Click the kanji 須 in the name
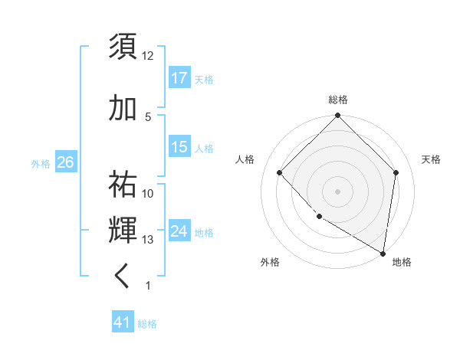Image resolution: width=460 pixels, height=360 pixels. click(x=123, y=47)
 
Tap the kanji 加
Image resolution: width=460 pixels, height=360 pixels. click(x=123, y=109)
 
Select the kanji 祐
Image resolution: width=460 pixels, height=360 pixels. click(x=123, y=185)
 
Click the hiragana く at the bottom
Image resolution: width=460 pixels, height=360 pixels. click(x=123, y=276)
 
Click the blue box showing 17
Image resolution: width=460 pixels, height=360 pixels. click(x=179, y=77)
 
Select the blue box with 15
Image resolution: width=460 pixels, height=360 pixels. click(x=179, y=146)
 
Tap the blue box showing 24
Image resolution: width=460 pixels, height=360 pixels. click(x=179, y=231)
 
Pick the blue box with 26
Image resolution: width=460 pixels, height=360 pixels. click(x=65, y=162)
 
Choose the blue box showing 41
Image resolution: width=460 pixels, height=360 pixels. click(x=123, y=322)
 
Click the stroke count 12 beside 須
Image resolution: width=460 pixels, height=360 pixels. click(x=148, y=56)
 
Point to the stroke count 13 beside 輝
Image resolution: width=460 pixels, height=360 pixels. click(x=148, y=240)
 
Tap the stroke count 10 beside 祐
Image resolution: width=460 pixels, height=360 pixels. click(x=148, y=194)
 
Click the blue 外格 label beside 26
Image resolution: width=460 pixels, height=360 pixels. click(x=41, y=163)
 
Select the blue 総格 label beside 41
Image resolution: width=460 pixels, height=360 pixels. click(x=147, y=324)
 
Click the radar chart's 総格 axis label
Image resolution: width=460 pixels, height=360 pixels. click(x=337, y=100)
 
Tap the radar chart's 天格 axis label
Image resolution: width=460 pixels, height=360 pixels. click(x=432, y=159)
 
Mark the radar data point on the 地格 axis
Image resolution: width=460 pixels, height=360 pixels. click(x=383, y=252)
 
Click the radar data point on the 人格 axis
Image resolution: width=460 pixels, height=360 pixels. click(x=280, y=173)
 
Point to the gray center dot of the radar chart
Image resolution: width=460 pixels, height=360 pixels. click(x=337, y=191)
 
